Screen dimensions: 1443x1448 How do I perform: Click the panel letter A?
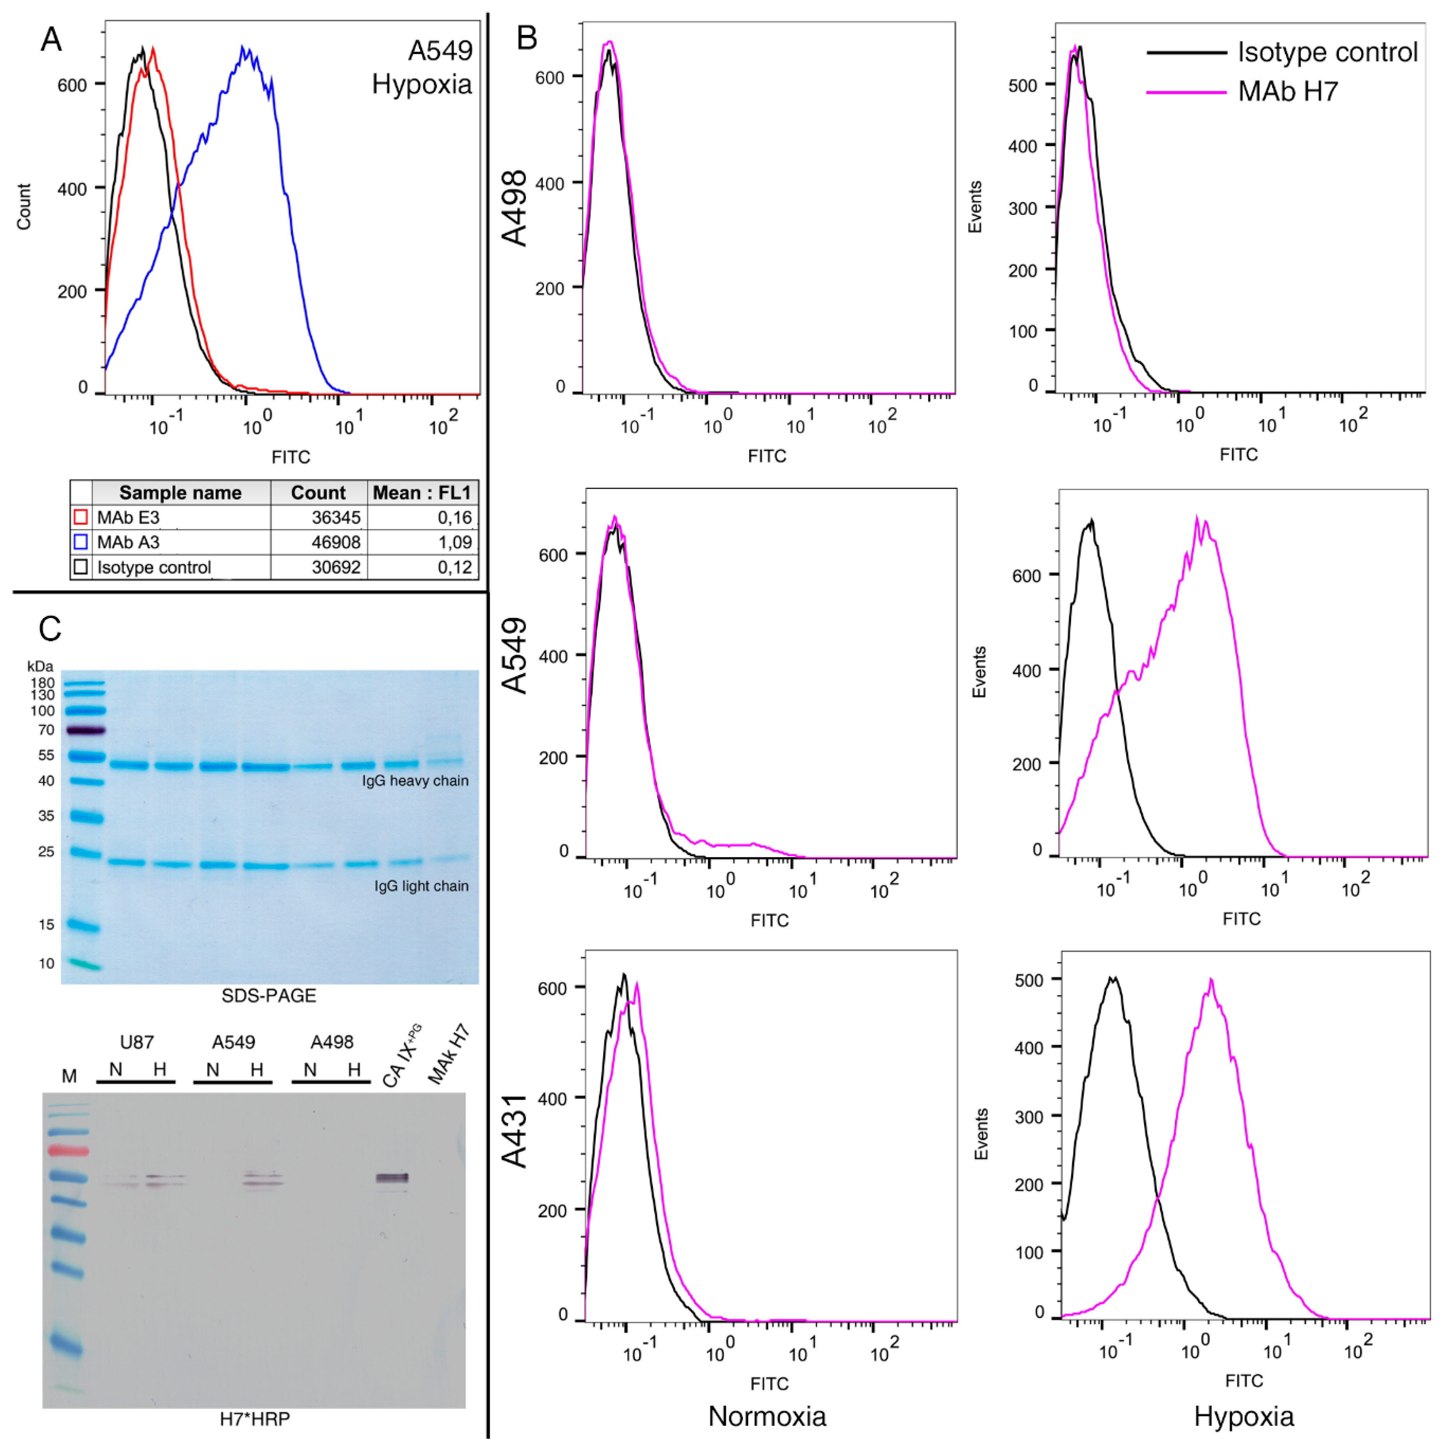point(51,39)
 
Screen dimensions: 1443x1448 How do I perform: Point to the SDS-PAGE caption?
point(268,995)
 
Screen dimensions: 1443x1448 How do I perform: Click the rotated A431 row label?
point(515,1131)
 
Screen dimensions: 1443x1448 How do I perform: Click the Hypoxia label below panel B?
point(1244,1416)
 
